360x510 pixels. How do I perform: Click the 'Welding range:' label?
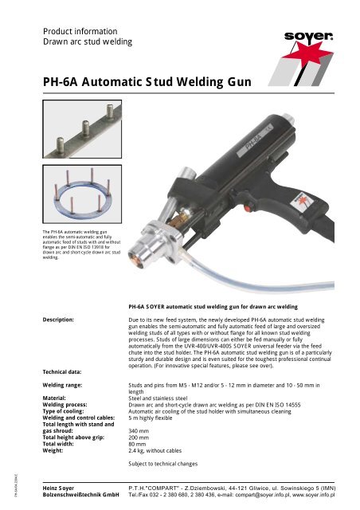(66, 385)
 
